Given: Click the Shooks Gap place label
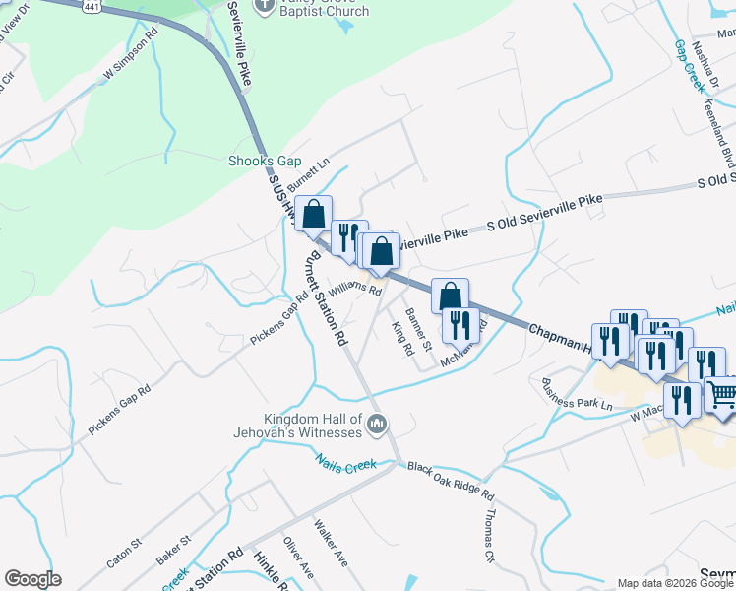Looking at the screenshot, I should pyautogui.click(x=264, y=161).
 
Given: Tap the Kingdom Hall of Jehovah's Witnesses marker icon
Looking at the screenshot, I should pyautogui.click(x=377, y=426).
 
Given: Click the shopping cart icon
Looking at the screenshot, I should pyautogui.click(x=723, y=396).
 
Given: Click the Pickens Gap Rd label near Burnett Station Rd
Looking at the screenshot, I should pyautogui.click(x=274, y=323).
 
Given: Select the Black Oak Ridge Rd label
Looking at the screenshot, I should pyautogui.click(x=451, y=483).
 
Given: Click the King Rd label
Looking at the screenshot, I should pyautogui.click(x=400, y=338).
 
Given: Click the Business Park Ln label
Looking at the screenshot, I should pyautogui.click(x=577, y=397).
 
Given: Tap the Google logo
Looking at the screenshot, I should pyautogui.click(x=33, y=580).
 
